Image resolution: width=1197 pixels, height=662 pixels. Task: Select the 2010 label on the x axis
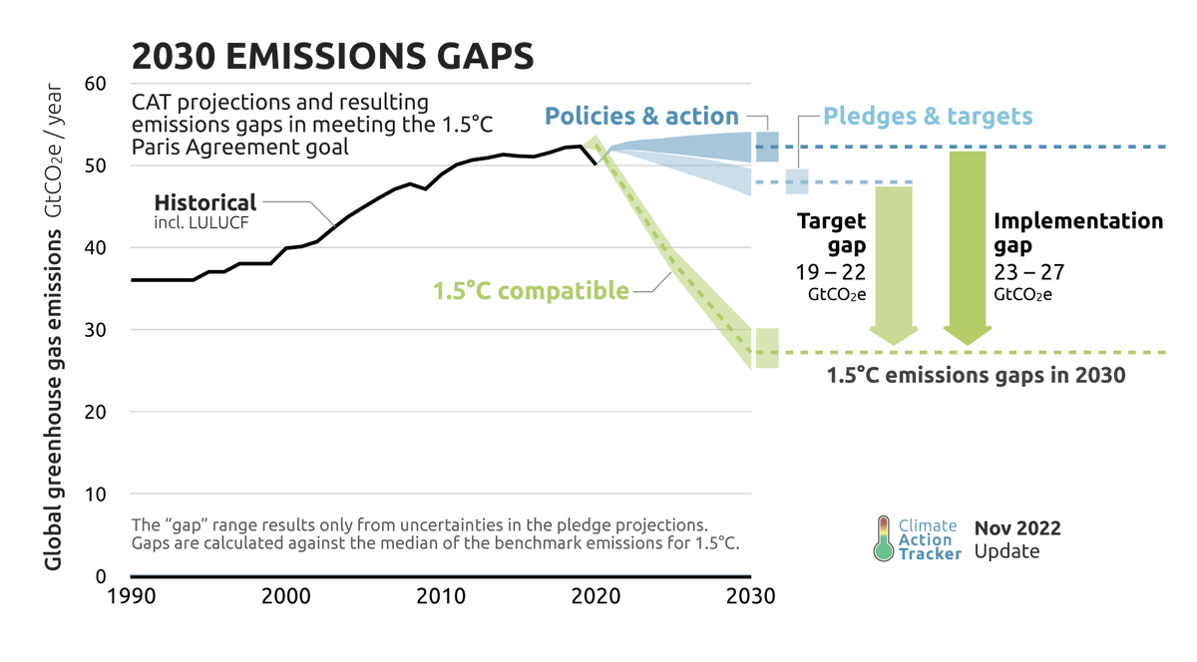[x=440, y=597]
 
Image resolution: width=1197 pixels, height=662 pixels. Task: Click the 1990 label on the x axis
[x=131, y=597]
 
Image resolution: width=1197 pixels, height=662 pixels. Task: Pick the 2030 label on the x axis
[x=750, y=597]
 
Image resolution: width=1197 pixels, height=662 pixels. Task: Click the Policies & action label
[x=641, y=116]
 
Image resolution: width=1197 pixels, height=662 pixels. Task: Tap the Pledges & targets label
[x=928, y=116]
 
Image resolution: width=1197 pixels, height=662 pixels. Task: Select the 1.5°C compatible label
[x=530, y=291]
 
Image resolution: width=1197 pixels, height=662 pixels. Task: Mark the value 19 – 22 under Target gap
[x=830, y=272]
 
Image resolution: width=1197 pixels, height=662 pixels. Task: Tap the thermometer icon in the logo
[x=883, y=538]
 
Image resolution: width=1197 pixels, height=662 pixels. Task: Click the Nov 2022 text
[x=1016, y=528]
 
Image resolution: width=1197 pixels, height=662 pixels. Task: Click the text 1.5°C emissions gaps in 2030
[x=977, y=376]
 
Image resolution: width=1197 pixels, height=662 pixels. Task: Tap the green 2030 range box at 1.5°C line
[x=766, y=348]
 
